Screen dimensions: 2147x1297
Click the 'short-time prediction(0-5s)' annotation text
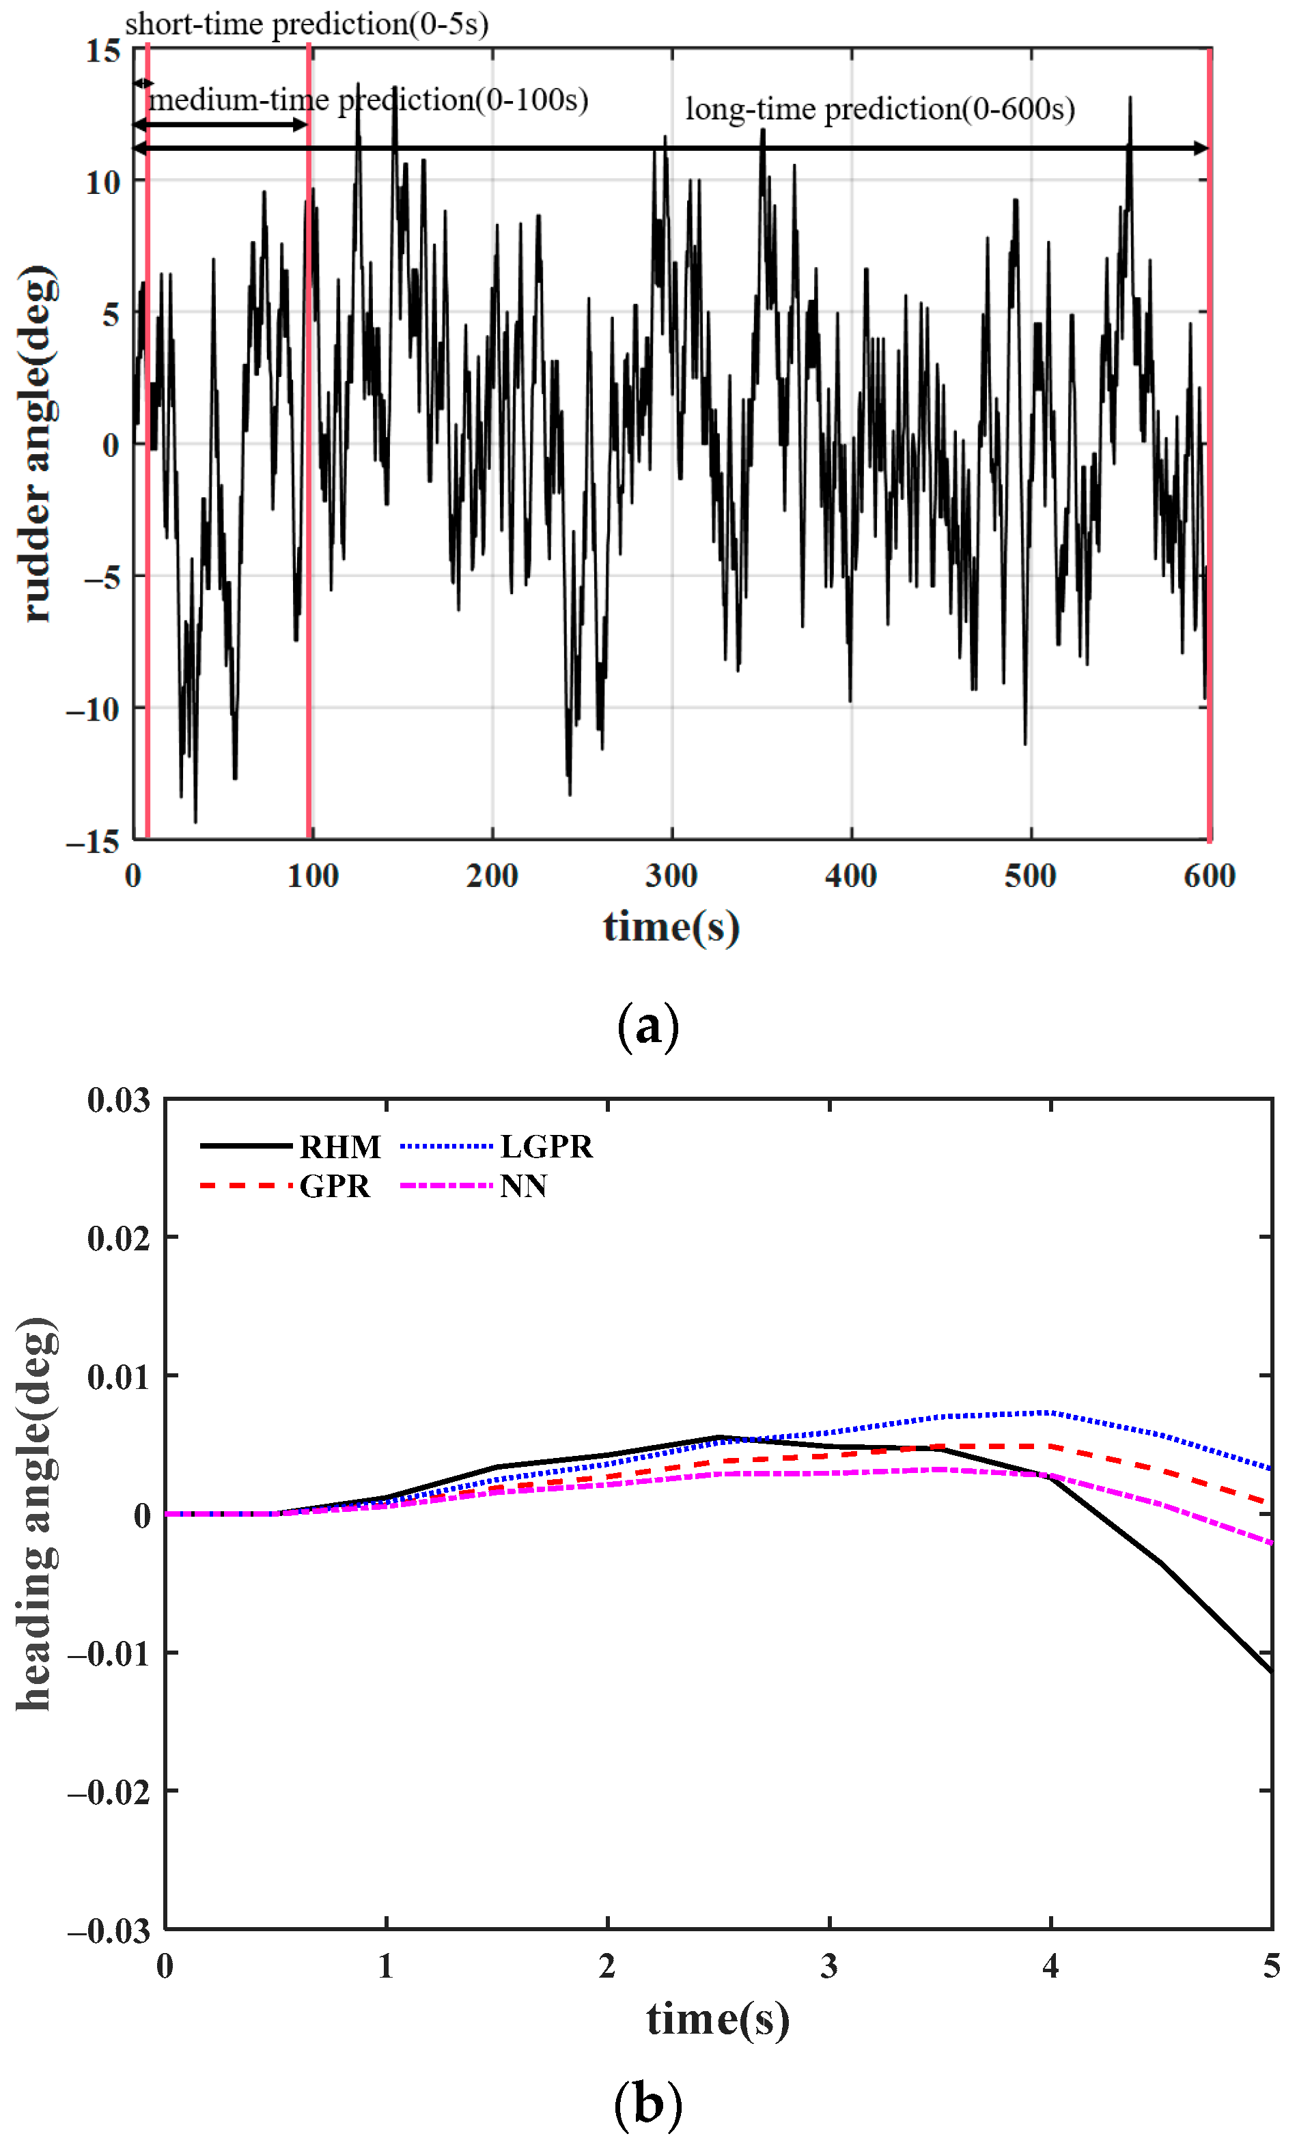pos(306,23)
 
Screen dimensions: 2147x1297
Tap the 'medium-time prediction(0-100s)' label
pos(368,100)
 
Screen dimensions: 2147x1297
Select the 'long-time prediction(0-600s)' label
pos(880,109)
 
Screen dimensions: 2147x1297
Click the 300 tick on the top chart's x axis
pos(671,875)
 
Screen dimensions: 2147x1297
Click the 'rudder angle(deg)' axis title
pos(37,445)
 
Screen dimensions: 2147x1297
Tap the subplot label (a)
pos(647,1026)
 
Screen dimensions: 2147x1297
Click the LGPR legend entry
pos(497,1147)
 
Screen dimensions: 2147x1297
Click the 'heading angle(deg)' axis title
pos(37,1513)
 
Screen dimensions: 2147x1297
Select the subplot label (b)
pos(647,2103)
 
